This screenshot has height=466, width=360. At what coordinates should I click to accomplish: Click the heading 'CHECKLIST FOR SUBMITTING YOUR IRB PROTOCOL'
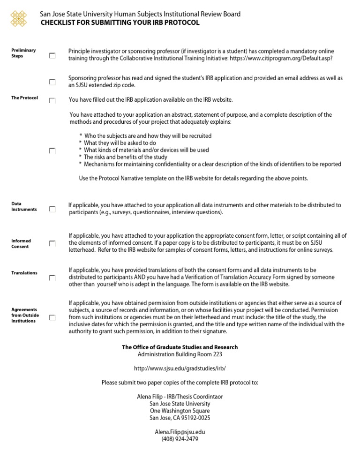[120, 23]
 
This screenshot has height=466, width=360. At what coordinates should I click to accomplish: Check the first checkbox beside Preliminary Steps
[52, 56]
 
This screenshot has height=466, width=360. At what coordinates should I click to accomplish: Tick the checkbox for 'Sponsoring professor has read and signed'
[52, 82]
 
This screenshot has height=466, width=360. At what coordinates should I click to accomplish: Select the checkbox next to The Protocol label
[52, 100]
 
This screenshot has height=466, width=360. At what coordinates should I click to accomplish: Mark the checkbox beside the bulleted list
[52, 150]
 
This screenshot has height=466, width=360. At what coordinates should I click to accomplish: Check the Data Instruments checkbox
[52, 209]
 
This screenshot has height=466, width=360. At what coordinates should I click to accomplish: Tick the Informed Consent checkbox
[52, 244]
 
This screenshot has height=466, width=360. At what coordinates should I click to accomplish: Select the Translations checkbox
[52, 278]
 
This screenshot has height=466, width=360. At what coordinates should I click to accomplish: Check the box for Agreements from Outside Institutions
[52, 318]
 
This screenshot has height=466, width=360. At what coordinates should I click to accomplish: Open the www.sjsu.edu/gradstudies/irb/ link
[180, 369]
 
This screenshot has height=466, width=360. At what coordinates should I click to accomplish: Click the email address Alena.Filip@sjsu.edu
[180, 432]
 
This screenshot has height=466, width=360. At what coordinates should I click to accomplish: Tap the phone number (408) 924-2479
[180, 439]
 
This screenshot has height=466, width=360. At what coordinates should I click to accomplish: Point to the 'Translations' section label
[24, 273]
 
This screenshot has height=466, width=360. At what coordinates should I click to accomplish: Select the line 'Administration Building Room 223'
[180, 354]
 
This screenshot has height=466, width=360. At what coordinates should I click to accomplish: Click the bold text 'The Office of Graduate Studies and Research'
[180, 347]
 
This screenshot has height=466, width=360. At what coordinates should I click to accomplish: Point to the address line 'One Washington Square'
[180, 411]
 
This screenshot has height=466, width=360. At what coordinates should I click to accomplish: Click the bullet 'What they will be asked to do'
[120, 143]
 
